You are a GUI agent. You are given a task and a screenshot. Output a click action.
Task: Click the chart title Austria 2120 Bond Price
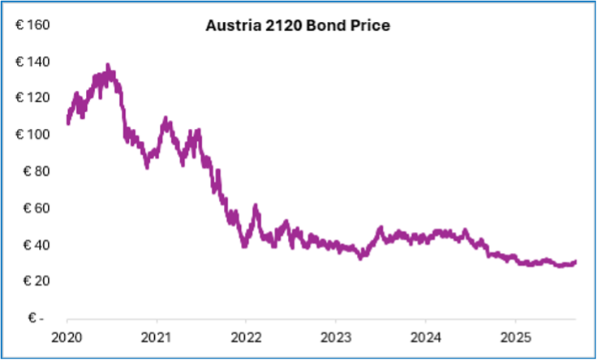tap(298, 26)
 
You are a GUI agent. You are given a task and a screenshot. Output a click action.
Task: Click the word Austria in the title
tap(230, 26)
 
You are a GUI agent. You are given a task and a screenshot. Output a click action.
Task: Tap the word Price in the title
tap(373, 26)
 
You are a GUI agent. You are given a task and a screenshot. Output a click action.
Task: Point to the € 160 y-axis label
tap(32, 25)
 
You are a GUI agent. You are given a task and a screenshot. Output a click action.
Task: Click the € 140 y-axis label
tap(32, 62)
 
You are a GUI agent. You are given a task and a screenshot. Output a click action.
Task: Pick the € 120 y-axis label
tap(32, 98)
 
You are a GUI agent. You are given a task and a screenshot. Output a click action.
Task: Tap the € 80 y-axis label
tap(36, 171)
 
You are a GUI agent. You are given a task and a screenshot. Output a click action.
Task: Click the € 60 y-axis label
tap(36, 208)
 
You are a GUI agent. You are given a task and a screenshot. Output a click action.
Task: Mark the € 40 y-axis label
tap(36, 244)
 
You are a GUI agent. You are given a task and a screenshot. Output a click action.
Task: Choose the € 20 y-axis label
tap(36, 281)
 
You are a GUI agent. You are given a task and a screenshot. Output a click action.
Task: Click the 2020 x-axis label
tap(67, 336)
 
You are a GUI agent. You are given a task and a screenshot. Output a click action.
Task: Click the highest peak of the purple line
tap(108, 66)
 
